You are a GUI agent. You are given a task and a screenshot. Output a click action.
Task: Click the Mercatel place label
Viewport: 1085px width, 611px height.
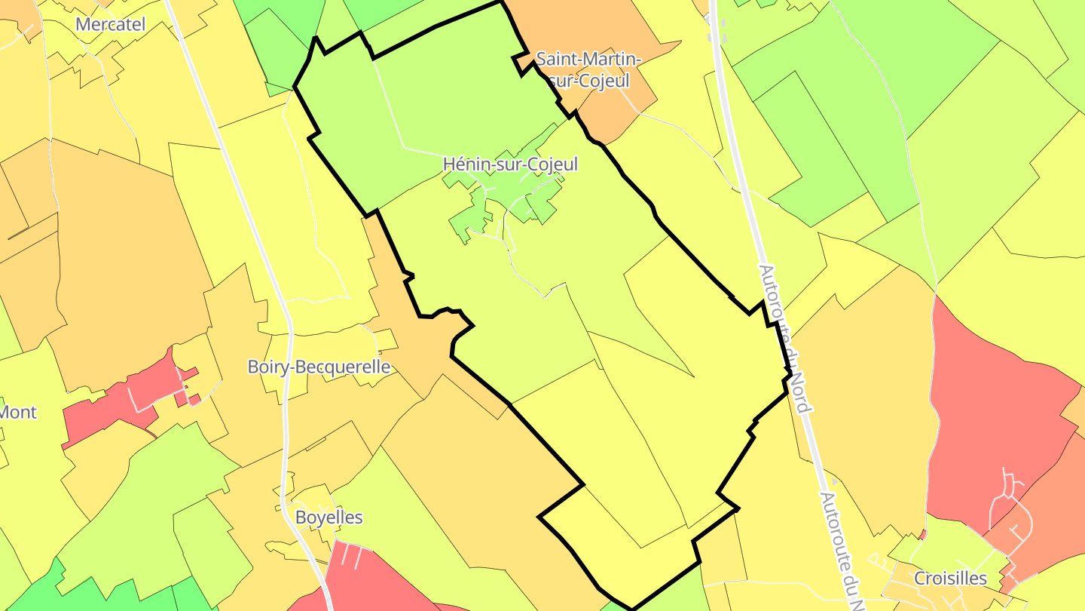click(110, 24)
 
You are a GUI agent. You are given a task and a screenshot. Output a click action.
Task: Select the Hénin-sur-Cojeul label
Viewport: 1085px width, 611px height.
click(510, 164)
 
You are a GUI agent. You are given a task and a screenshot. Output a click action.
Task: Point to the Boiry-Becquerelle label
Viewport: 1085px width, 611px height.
click(319, 367)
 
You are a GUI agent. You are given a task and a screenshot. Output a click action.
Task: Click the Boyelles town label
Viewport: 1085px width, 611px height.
click(329, 517)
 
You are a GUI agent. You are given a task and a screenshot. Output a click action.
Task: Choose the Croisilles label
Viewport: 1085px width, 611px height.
click(950, 579)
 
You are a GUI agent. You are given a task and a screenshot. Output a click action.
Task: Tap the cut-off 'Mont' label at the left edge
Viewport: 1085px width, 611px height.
click(18, 412)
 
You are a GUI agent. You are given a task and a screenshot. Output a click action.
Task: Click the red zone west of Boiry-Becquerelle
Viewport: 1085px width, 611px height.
click(121, 400)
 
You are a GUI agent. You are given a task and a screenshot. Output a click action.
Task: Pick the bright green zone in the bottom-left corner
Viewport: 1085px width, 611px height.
click(30, 592)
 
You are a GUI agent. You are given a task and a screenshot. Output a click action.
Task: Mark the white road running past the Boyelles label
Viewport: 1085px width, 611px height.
click(287, 483)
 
